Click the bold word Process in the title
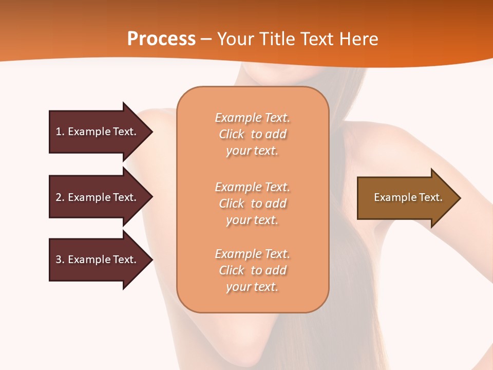(161, 39)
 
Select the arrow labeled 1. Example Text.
(98, 132)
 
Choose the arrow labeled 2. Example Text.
(98, 197)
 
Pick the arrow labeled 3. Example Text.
(98, 260)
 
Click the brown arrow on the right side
(406, 197)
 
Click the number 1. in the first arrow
(60, 132)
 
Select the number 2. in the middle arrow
(60, 197)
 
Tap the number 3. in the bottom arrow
(60, 260)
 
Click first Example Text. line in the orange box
(252, 118)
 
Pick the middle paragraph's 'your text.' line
(252, 220)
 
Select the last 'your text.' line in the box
(252, 287)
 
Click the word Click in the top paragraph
(232, 134)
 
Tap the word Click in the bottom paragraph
(232, 270)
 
